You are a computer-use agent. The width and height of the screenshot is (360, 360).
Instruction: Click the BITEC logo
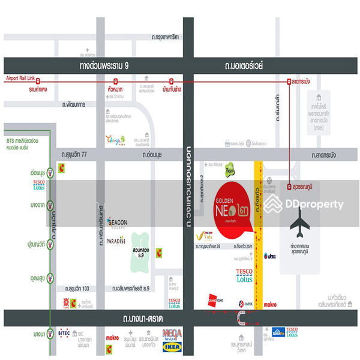[x=65, y=331]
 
